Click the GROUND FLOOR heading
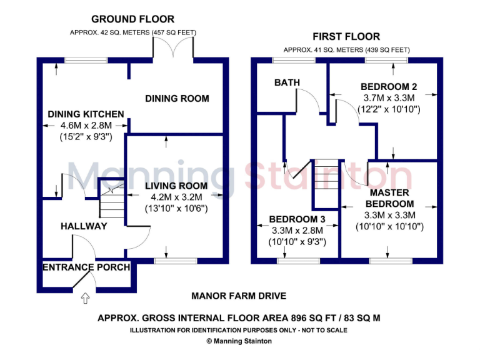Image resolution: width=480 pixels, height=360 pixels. tap(133, 19)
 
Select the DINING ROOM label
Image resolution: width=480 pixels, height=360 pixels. tap(177, 99)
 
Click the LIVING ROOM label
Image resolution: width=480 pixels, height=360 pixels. tap(176, 186)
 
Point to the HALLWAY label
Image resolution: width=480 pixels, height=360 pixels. tap(84, 226)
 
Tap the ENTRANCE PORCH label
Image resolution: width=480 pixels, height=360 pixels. tap(86, 267)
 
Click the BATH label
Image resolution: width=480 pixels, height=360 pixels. tap(287, 82)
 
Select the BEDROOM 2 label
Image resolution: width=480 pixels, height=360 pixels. tap(389, 87)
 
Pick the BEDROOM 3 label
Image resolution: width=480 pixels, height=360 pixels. tap(297, 219)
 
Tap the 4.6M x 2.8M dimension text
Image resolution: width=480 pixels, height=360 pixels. tap(86, 126)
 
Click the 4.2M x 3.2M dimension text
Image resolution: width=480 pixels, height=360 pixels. tap(176, 197)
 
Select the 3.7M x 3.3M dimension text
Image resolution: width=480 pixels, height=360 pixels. tap(389, 98)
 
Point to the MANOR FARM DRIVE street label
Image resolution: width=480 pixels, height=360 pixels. tap(239, 296)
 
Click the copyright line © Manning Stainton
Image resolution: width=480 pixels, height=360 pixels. tap(239, 341)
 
